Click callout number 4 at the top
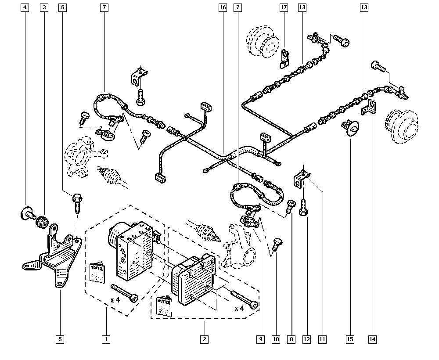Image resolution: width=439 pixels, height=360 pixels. [x=25, y=8]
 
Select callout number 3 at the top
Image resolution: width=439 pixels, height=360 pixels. [x=44, y=8]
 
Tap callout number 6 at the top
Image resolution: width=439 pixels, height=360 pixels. [x=63, y=8]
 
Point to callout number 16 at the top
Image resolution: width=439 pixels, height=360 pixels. [x=223, y=8]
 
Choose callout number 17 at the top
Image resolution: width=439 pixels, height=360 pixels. [x=284, y=8]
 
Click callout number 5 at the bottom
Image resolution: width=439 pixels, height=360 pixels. [x=60, y=339]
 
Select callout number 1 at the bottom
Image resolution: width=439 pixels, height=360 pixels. [x=106, y=339]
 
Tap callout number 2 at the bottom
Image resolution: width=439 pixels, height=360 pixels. [x=205, y=339]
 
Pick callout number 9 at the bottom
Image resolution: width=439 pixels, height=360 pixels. [x=260, y=339]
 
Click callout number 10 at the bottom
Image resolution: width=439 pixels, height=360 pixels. [x=276, y=339]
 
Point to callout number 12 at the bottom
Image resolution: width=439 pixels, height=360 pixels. [x=306, y=339]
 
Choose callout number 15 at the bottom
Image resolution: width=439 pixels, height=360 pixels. [x=350, y=339]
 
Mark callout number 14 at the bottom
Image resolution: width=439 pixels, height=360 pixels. [x=373, y=339]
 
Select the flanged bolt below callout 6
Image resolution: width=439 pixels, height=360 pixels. [x=76, y=203]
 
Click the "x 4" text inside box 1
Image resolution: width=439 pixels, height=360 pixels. [x=115, y=300]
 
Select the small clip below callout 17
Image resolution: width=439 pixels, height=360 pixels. [x=284, y=59]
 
